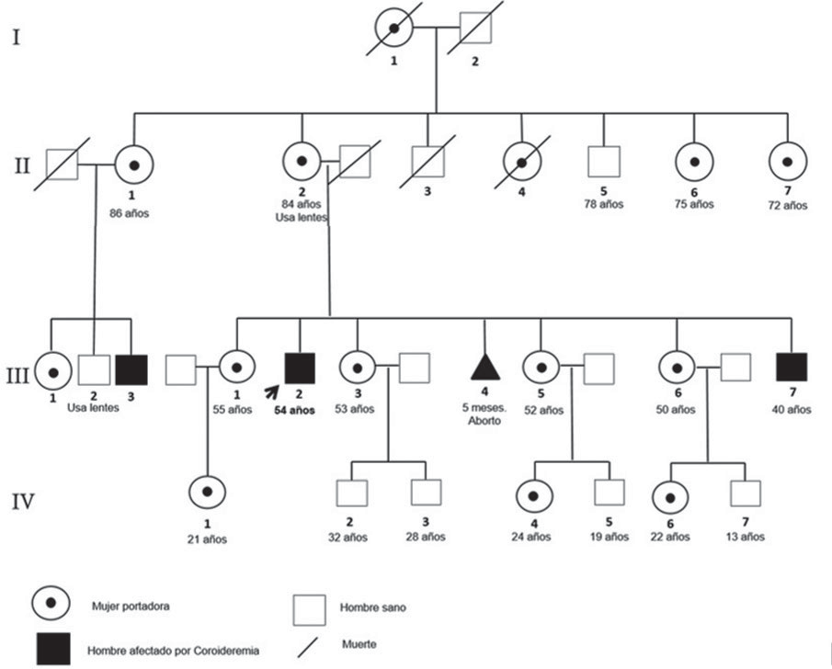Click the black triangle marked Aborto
point(484,367)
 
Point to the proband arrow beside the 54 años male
point(271,392)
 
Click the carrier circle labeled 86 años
point(134,165)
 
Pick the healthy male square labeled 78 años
point(604,162)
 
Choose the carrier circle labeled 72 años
point(789,162)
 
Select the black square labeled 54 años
point(300,368)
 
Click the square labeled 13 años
point(746,493)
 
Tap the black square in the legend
point(53,650)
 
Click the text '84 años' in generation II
point(300,202)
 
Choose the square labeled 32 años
point(352,494)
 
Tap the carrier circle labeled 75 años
point(695,162)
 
